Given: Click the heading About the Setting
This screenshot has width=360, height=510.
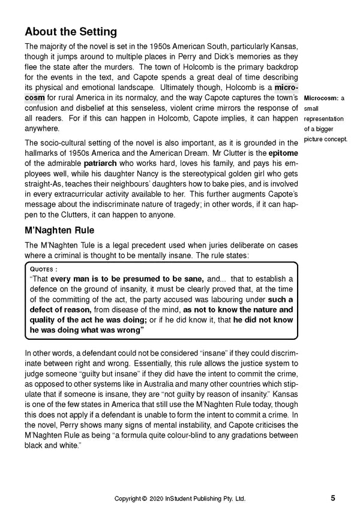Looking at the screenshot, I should [x=71, y=32].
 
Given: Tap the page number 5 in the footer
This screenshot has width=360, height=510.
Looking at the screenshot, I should [x=332, y=499].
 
